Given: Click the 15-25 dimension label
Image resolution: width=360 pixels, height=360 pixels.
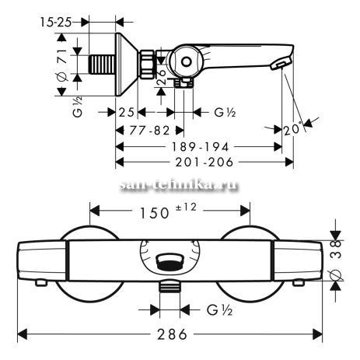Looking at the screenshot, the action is (x=55, y=23).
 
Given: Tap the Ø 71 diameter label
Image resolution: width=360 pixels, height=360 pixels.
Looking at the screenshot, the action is (x=62, y=65).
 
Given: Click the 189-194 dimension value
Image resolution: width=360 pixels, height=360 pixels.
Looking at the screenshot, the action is (x=200, y=147).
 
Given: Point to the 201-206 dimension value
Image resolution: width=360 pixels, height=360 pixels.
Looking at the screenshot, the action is (x=204, y=163).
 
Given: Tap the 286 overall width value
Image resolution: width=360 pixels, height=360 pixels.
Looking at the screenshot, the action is (x=172, y=334).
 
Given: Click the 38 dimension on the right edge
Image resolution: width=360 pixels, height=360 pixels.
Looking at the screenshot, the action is (x=336, y=249).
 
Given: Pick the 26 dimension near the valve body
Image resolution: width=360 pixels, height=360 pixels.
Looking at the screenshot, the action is (x=162, y=76).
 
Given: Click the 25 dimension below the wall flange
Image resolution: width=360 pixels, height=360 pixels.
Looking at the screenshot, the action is (x=126, y=113).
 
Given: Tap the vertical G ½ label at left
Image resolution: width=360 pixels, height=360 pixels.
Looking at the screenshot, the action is (x=78, y=107).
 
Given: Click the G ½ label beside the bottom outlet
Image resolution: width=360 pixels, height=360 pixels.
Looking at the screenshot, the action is (x=219, y=310).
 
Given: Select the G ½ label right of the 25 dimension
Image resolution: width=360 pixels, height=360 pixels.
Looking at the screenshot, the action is (x=225, y=112).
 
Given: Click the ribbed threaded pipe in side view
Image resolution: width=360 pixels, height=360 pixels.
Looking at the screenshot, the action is (x=102, y=64).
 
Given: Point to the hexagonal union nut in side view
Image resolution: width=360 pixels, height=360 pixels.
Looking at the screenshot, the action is (x=148, y=64).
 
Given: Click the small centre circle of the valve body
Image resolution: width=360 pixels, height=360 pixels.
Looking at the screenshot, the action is (x=186, y=62).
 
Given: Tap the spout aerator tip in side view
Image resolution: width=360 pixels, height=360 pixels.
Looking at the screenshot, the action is (x=281, y=64).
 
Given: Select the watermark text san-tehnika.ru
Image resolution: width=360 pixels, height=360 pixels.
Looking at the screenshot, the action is (x=179, y=185).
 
